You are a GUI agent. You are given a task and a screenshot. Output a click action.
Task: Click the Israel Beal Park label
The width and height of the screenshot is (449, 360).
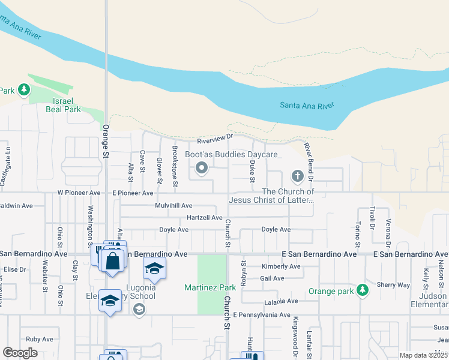pyautogui.click(x=63, y=106)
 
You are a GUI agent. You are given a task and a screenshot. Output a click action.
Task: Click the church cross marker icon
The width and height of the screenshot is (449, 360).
pyautogui.click(x=297, y=176)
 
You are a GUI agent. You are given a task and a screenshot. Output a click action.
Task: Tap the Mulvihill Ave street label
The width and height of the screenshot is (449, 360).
pyautogui.click(x=173, y=205)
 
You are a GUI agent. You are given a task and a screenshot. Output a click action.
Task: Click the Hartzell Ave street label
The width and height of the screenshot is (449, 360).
pyautogui.click(x=205, y=217)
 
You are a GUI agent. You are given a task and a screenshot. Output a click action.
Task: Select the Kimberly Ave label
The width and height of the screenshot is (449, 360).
pyautogui.click(x=280, y=266)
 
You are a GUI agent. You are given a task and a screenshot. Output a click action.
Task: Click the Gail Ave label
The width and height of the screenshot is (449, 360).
pyautogui.click(x=272, y=278)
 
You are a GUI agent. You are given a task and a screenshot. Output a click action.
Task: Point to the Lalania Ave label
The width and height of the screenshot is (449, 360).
pyautogui.click(x=280, y=301)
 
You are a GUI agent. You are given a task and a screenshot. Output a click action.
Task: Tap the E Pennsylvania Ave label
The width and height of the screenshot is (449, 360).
pyautogui.click(x=262, y=314)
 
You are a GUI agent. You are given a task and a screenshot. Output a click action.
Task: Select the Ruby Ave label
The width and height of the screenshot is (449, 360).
pyautogui.click(x=40, y=339)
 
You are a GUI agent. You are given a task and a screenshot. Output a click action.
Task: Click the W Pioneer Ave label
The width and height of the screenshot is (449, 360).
pyautogui.click(x=79, y=193)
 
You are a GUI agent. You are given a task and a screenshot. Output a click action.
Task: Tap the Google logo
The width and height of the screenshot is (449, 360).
pyautogui.click(x=20, y=353)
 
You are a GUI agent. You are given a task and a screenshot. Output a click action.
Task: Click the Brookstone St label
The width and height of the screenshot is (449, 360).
pyautogui.click(x=175, y=166)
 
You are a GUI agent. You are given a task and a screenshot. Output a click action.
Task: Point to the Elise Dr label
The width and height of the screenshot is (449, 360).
pyautogui.click(x=14, y=270)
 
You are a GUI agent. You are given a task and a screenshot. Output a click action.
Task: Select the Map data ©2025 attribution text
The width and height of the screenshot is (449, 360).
pyautogui.click(x=423, y=355)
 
